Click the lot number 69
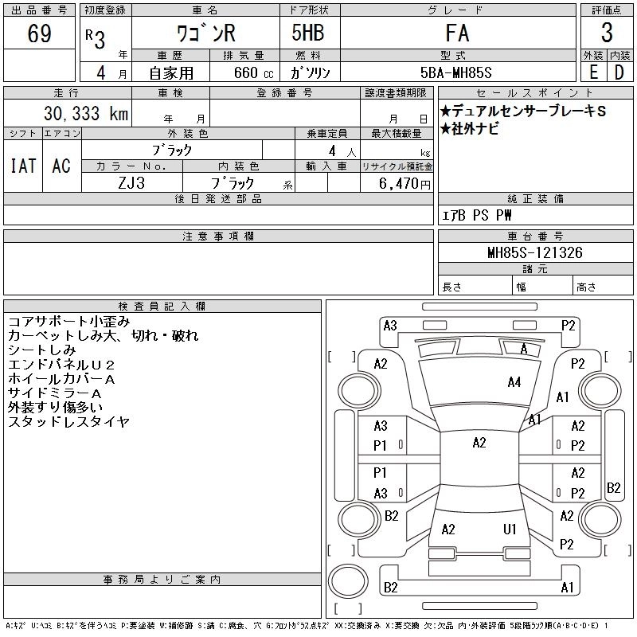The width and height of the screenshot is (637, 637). coord(39,34)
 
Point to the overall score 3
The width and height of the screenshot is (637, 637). coord(607,33)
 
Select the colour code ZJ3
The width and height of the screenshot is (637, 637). coord(132,183)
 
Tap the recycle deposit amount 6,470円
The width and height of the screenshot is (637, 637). coord(397,184)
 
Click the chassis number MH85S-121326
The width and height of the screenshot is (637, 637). coord(535,253)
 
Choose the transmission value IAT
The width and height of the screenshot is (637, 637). coord(23,166)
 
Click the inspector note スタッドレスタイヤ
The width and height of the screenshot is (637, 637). coord(68,422)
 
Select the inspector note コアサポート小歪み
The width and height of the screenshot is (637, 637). coord(68,322)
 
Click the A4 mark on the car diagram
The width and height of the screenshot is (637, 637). coord(514,382)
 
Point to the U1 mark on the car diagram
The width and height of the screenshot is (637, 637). coord(510,529)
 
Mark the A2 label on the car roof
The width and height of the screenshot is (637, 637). coord(479,443)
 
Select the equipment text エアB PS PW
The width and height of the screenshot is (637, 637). coord(478,215)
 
